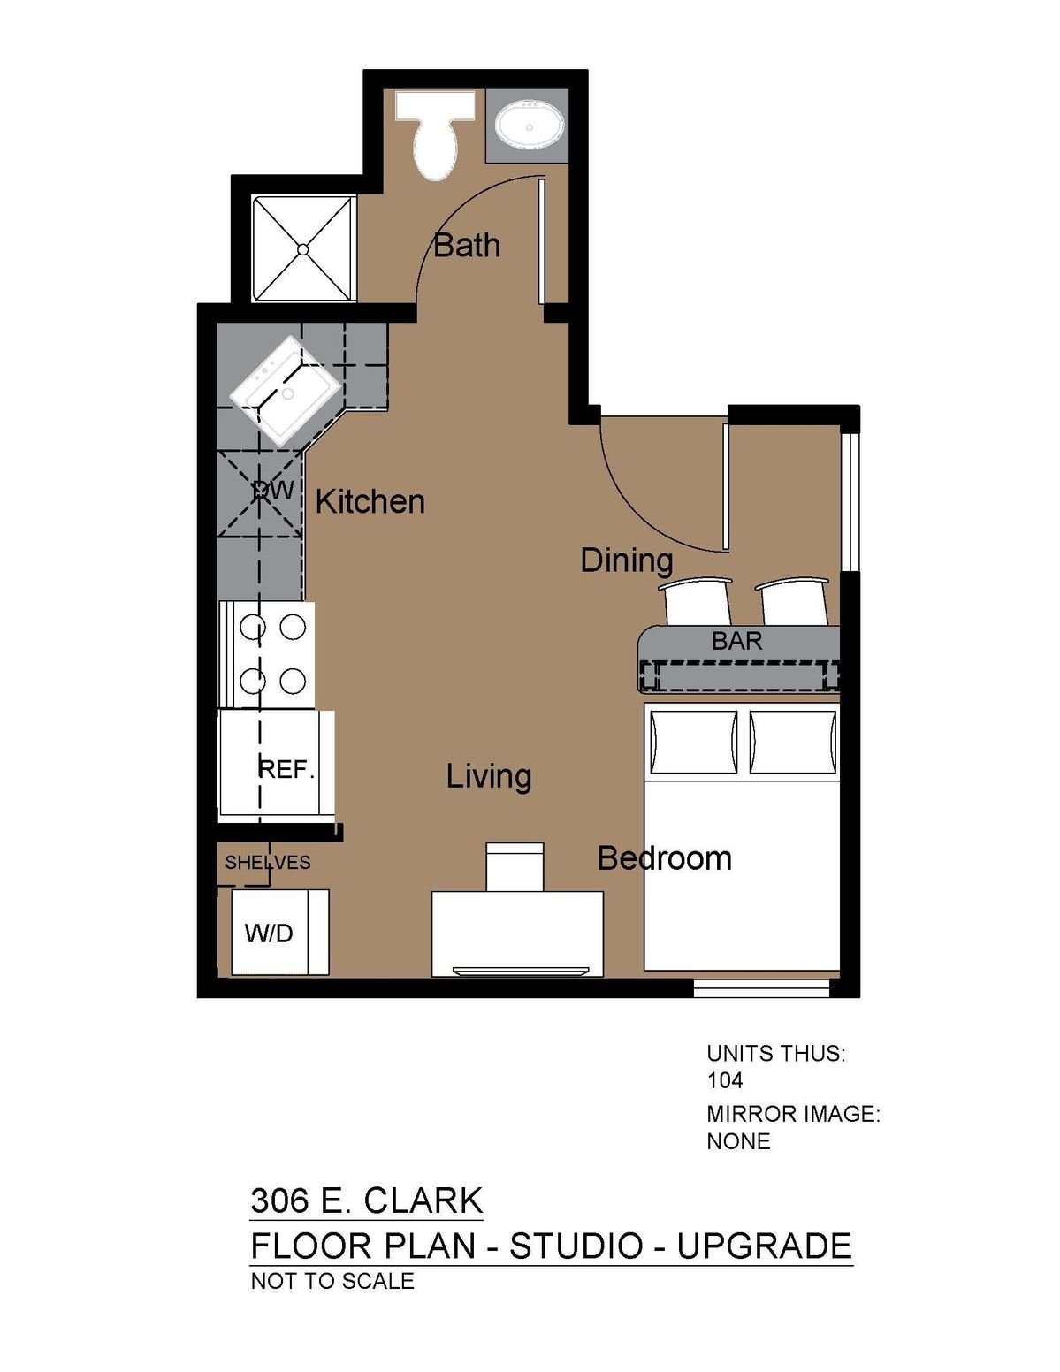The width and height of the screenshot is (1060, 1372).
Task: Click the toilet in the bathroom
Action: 434,135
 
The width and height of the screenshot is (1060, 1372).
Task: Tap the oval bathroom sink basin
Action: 529,126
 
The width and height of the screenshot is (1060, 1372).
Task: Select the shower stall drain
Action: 303,249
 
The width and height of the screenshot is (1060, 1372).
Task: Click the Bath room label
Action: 467,245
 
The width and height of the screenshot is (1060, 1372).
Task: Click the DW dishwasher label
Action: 273,490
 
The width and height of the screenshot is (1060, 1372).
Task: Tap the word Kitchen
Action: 370,503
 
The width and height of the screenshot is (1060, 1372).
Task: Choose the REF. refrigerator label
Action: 286,770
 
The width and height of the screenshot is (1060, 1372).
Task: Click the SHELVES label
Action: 268,863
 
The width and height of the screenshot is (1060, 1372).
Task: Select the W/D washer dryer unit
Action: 279,933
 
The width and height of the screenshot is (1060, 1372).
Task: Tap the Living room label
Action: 489,777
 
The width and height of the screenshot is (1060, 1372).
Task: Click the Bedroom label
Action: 664,858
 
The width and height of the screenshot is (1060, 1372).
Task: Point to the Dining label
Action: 627,560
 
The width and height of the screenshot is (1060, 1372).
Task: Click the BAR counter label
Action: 736,642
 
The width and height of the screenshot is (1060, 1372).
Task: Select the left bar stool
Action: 695,601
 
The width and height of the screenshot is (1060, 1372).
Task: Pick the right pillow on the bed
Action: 793,742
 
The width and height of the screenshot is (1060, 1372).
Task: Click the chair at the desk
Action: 515,867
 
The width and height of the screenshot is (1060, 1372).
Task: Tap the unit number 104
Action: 725,1080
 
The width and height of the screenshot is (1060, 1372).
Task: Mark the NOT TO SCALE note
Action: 332,1281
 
